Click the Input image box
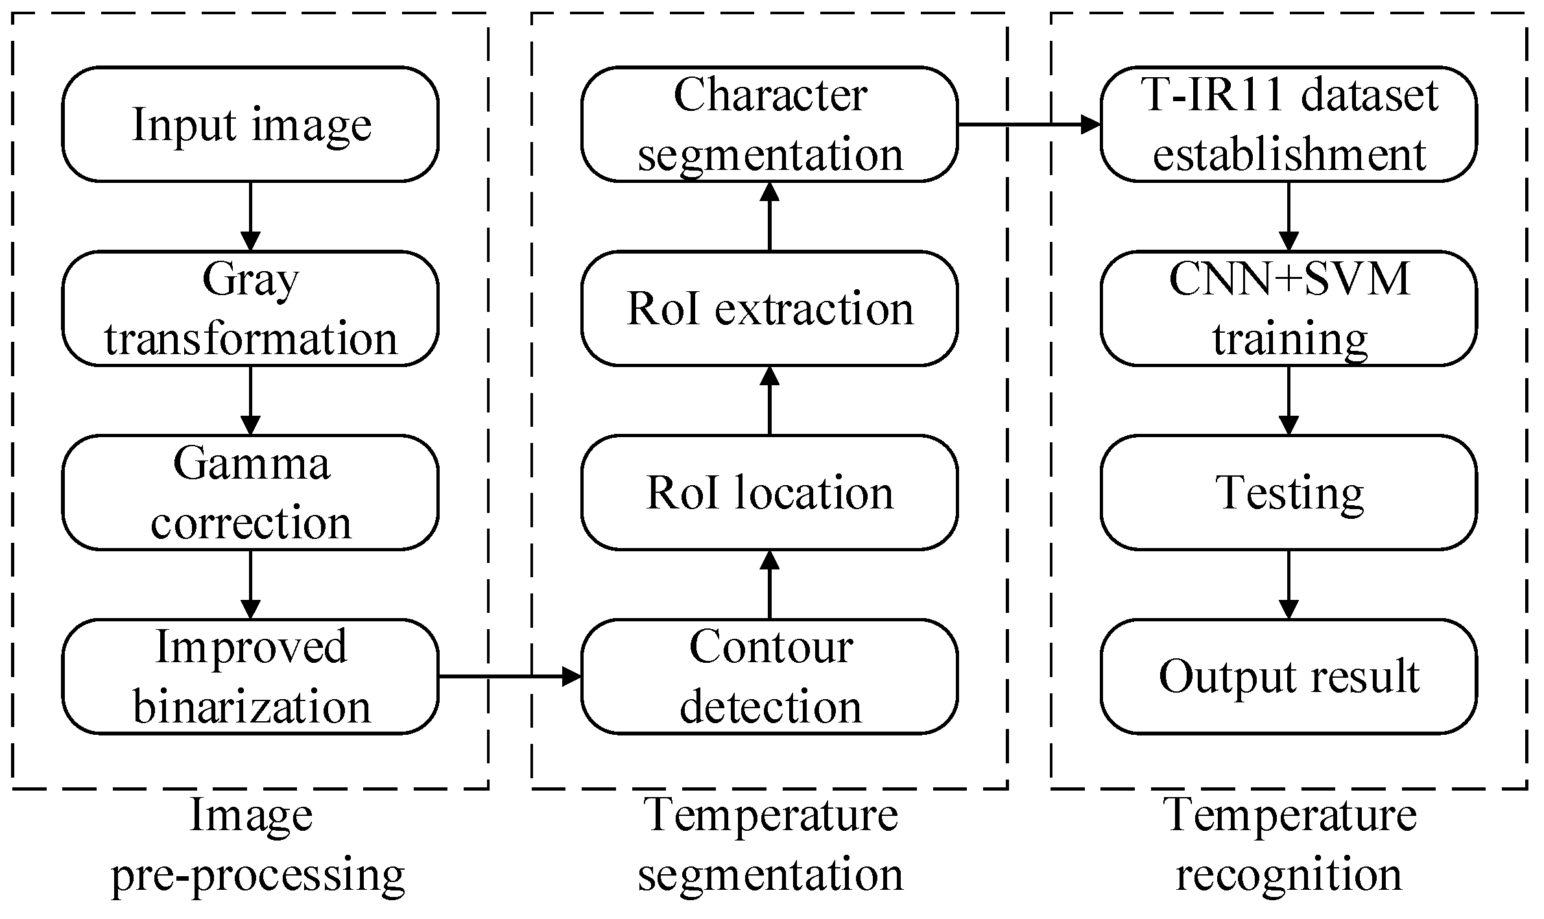coord(250,124)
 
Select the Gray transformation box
coord(250,309)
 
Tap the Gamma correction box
coord(250,493)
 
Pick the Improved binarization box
coord(250,676)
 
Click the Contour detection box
coord(769,676)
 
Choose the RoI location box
coord(769,493)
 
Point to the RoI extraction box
coord(769,309)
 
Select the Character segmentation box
coord(769,124)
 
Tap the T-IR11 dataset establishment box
coord(1289,124)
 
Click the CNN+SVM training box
coord(1289,309)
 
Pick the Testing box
coord(1289,493)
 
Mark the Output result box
coord(1289,676)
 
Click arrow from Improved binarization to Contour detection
coord(510,676)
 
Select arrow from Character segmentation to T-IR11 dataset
coord(1029,124)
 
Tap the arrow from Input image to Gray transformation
coord(250,216)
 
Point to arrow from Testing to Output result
coord(1289,584)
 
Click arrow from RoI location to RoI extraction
coord(769,400)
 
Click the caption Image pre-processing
coord(257,845)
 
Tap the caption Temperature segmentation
coord(770,845)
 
